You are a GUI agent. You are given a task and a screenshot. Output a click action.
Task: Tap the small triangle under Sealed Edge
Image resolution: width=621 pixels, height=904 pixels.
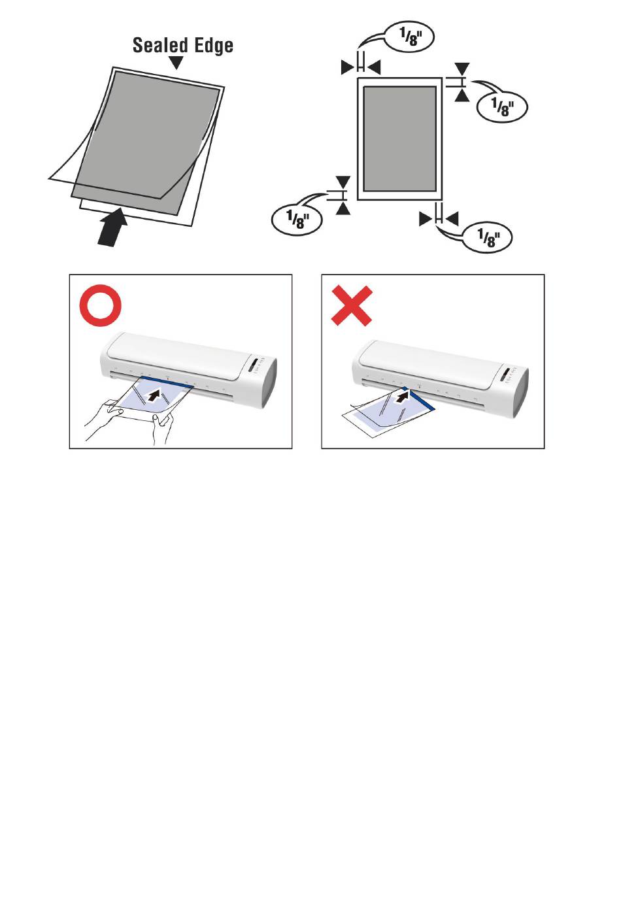coord(176,63)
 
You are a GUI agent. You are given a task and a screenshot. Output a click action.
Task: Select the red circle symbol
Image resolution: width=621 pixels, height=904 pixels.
coord(101,305)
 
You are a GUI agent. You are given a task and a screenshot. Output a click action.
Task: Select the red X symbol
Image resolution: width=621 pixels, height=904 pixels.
coord(352,305)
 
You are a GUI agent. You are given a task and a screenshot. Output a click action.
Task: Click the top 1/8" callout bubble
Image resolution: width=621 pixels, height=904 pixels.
coord(409,37)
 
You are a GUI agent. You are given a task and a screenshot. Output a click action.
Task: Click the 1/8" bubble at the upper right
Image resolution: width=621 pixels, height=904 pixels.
coord(502,107)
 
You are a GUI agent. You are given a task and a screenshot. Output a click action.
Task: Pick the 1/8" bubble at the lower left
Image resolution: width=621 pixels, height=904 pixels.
coord(297,220)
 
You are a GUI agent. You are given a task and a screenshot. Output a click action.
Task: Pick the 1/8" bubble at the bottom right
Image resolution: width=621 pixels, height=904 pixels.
coord(487,238)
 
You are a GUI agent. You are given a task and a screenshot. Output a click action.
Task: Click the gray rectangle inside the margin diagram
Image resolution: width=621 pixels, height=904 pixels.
coord(399,139)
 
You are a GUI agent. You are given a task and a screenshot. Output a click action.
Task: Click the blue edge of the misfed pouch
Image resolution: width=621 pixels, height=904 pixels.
coord(420,398)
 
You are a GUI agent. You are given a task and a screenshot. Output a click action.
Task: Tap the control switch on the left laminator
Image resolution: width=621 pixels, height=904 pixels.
coord(253,365)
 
